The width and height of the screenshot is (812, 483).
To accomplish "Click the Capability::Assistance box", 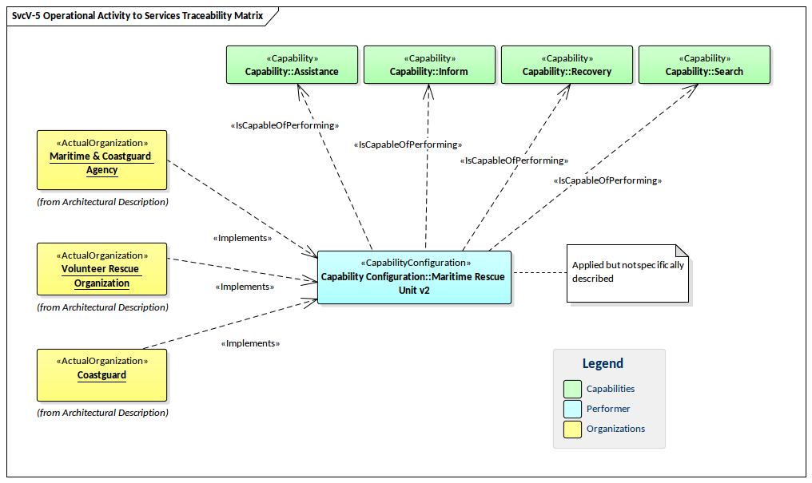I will (292, 65).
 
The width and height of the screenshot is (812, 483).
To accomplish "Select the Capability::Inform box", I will (429, 65).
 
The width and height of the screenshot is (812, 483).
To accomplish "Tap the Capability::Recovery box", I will (567, 65).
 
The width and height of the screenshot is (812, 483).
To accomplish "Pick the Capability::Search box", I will (704, 65).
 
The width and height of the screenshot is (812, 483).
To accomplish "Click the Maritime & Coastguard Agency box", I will (101, 160).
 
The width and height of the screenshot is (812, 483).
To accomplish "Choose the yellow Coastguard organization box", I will (101, 374).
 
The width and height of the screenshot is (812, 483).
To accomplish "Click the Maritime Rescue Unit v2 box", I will (414, 278).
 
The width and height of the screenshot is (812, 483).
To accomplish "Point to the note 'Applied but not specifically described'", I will (627, 272).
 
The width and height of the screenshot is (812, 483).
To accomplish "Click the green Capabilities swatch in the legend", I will (571, 389).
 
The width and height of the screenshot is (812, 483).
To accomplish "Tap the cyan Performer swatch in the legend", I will (571, 409).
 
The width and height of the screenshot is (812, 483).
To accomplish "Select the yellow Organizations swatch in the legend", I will (571, 429).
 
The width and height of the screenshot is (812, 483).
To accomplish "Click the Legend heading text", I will (602, 364).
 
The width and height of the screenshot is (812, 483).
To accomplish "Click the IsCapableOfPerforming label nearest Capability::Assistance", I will (285, 125).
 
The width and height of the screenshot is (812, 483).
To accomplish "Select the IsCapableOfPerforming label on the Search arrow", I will (607, 180).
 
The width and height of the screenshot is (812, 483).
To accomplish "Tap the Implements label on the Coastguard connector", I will (250, 343).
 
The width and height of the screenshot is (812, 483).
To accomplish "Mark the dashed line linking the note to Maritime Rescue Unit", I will (539, 273).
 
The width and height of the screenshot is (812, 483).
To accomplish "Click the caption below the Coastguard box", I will (102, 413).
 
